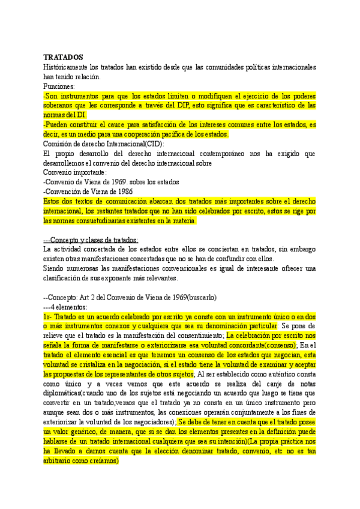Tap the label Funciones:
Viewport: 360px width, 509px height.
[x=59, y=86]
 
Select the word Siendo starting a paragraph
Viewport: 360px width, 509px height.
[x=55, y=268]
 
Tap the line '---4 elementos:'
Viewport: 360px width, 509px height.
[x=66, y=307]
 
